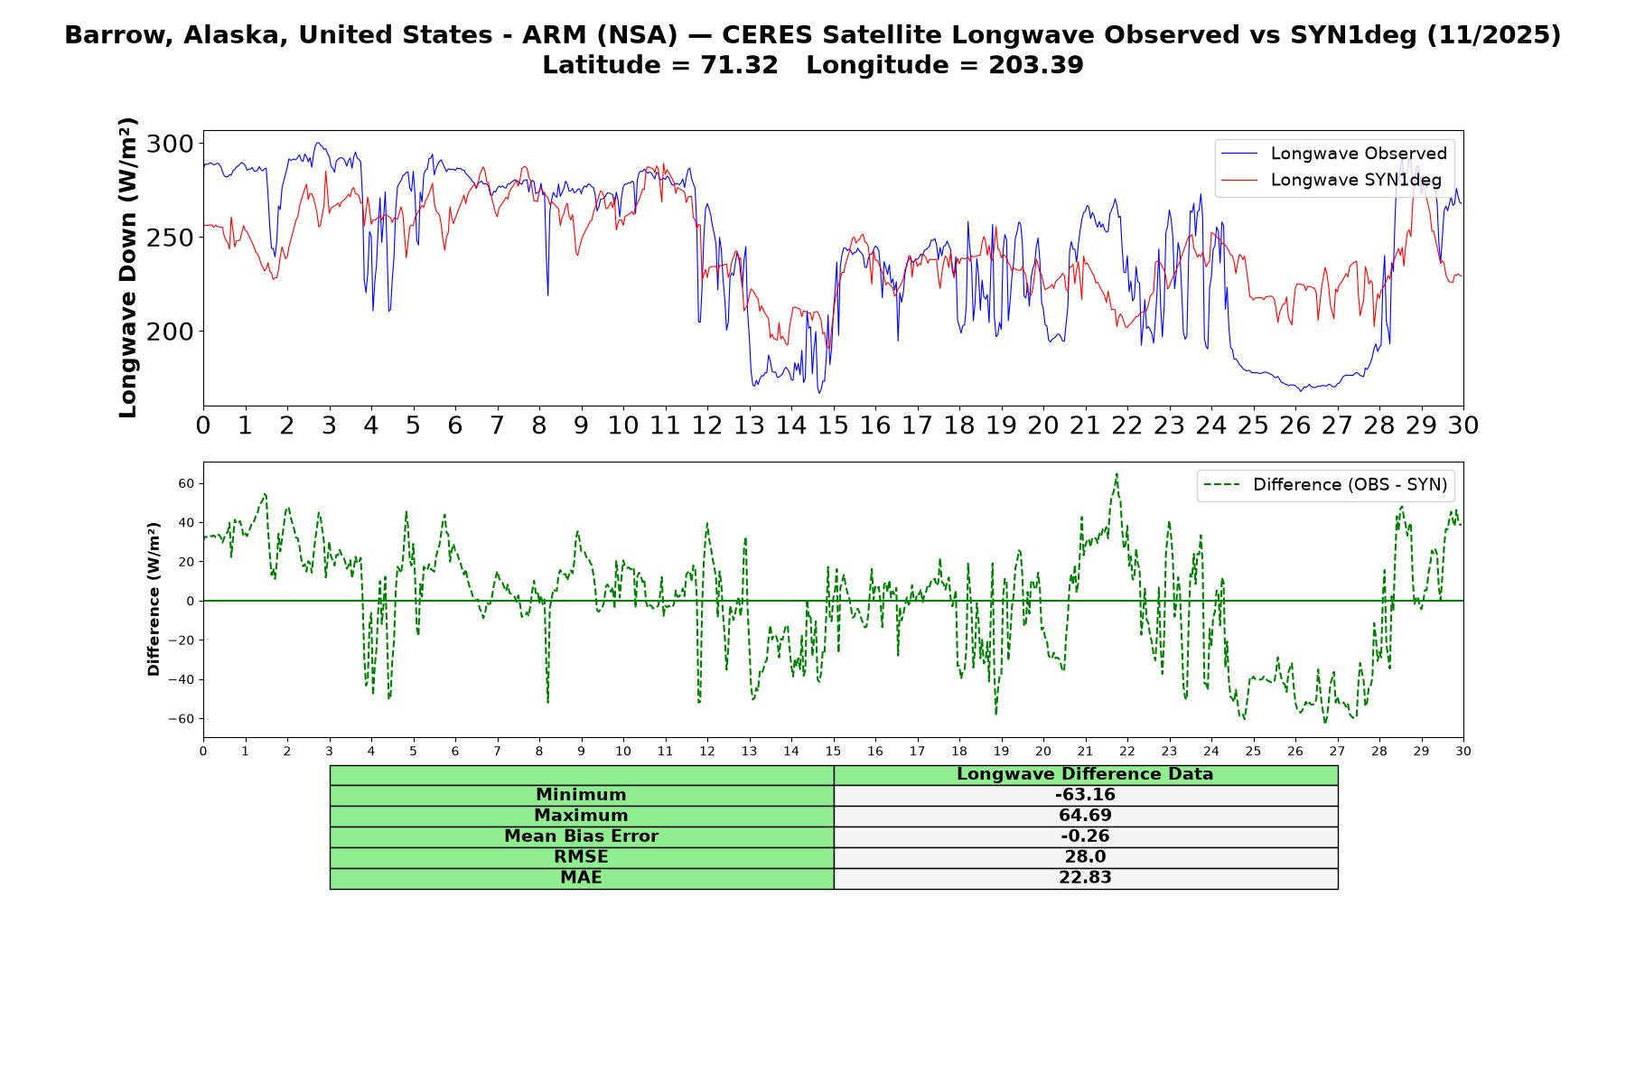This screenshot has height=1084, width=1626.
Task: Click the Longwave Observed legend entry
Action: [1333, 154]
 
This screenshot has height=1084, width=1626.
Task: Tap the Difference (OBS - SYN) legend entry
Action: [1326, 485]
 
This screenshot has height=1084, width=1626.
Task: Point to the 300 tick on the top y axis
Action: [170, 144]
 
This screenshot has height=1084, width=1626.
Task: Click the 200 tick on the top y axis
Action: [170, 332]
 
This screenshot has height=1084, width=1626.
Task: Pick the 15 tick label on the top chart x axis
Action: [833, 425]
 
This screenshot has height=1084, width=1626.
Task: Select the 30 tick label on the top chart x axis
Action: [1462, 425]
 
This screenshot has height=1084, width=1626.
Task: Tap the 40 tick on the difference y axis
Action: [186, 522]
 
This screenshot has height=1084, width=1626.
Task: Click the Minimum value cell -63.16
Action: [1085, 795]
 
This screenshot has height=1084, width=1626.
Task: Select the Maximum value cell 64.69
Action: [1085, 816]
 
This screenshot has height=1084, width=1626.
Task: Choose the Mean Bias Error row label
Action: [581, 836]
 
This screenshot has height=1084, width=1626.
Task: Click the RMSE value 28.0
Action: [1085, 857]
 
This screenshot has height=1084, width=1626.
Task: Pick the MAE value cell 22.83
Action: [1085, 878]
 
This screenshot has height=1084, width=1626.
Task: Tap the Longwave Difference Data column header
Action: [1085, 774]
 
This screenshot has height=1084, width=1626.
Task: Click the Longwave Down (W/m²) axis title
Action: [127, 267]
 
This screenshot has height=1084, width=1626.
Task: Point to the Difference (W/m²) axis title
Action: [154, 599]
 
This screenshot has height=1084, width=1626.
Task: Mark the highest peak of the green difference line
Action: [1117, 473]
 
